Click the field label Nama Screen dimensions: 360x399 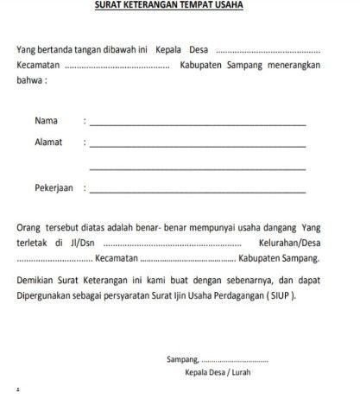[x=47, y=119]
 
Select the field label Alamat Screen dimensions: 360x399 [x=49, y=141]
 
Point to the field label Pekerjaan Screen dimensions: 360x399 [x=54, y=187]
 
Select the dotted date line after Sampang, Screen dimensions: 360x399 [x=234, y=360]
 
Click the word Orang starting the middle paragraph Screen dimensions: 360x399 [x=31, y=227]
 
